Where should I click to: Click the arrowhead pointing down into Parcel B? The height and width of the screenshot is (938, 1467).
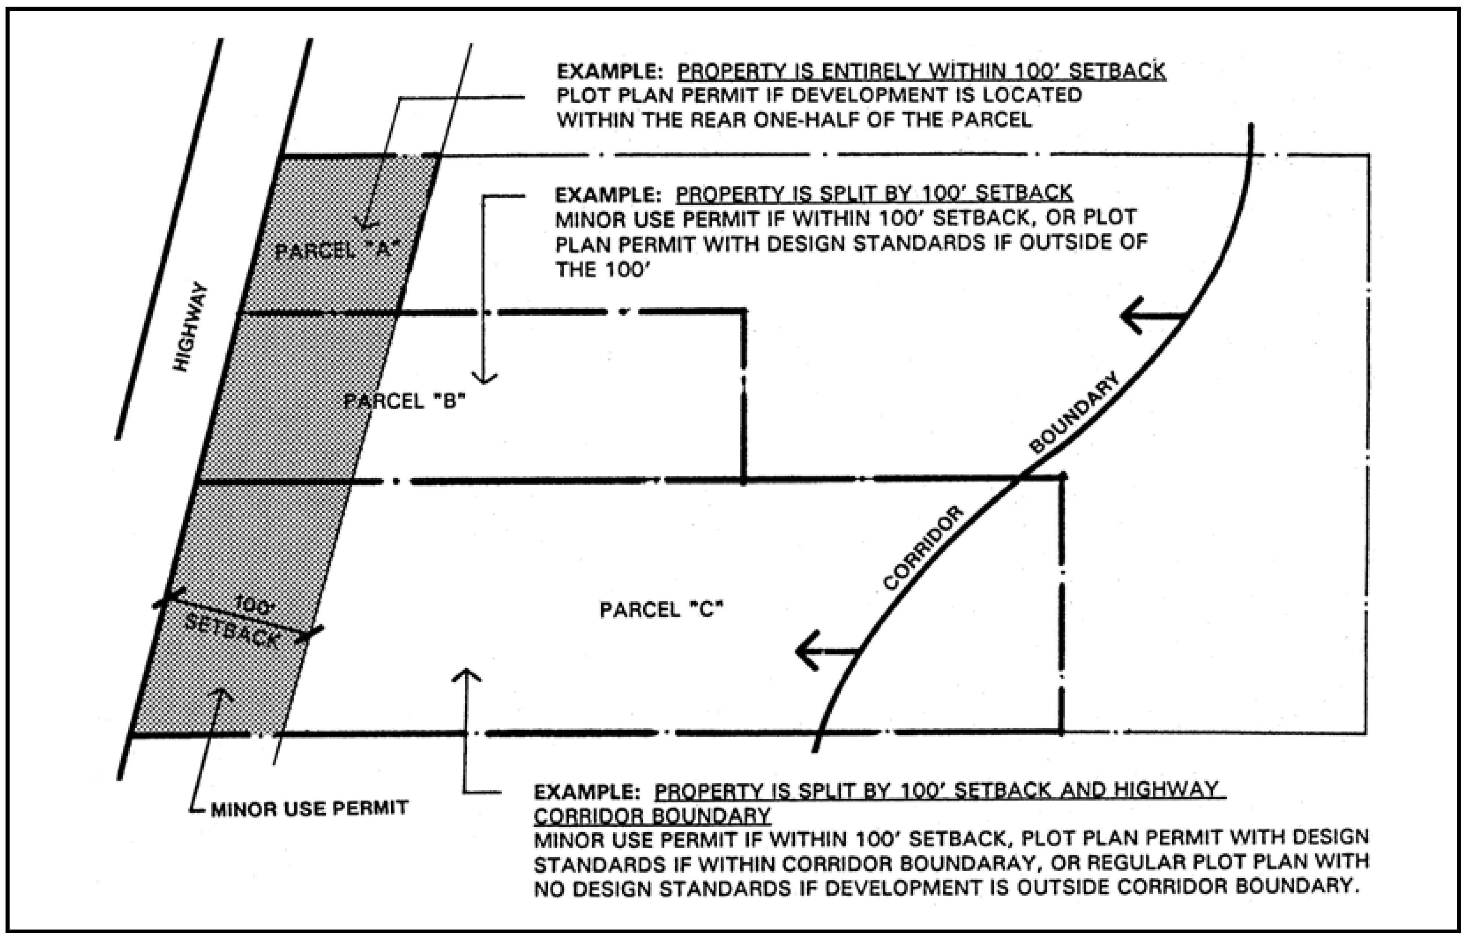(484, 378)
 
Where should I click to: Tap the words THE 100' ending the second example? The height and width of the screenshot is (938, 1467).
(600, 269)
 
